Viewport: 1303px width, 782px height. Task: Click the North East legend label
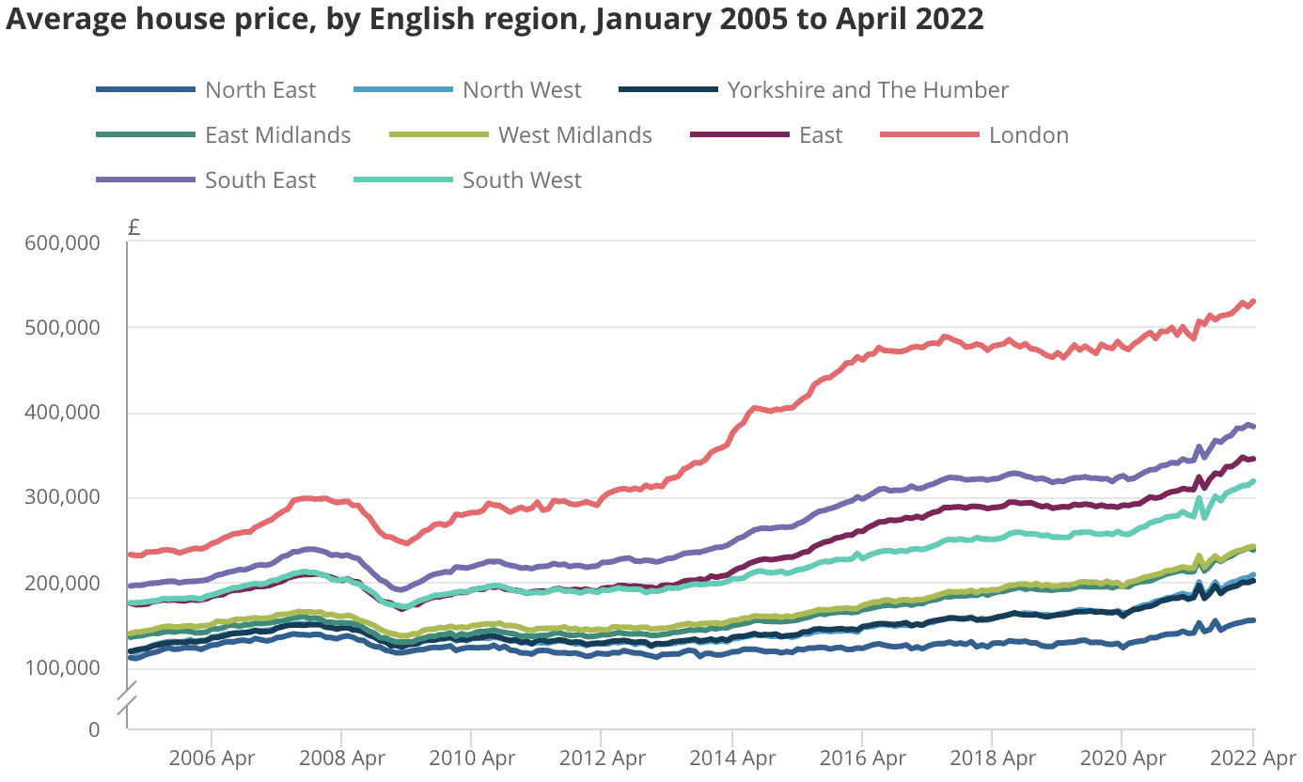click(260, 90)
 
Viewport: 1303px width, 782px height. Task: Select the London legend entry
click(1028, 135)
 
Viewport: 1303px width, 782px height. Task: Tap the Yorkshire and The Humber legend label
click(868, 90)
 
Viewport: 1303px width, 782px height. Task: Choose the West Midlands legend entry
click(574, 135)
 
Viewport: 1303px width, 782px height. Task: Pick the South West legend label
click(522, 180)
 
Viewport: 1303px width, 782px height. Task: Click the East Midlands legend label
click(277, 135)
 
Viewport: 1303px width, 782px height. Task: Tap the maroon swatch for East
click(740, 135)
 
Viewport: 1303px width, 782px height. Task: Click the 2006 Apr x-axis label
click(212, 758)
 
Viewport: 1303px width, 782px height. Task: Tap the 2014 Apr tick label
click(731, 758)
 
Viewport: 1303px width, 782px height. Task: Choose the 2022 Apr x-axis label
click(1253, 758)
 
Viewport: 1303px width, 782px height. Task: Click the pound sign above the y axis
click(133, 227)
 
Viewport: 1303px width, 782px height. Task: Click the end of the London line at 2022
click(1253, 302)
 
